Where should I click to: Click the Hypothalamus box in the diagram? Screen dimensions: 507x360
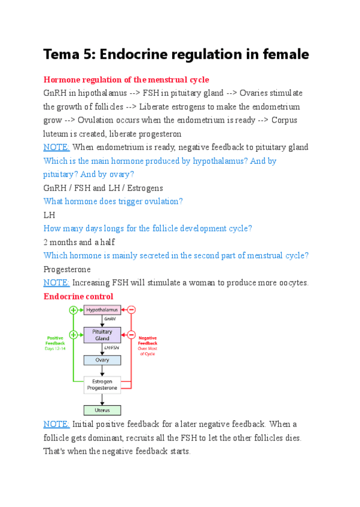pos(102,310)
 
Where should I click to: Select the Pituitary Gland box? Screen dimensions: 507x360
pos(102,335)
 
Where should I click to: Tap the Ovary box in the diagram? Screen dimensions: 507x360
pos(102,360)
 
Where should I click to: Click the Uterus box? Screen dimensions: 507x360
pos(102,410)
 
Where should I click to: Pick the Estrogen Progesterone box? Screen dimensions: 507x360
pos(102,384)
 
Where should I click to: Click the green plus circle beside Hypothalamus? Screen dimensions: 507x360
pos(74,310)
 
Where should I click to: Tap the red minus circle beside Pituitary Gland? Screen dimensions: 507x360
pos(131,335)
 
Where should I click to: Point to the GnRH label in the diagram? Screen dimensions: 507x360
pos(109,320)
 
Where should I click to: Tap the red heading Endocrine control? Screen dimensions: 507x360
pos(78,296)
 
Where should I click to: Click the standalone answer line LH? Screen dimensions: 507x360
pos(49,215)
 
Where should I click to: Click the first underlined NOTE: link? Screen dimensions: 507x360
pos(57,147)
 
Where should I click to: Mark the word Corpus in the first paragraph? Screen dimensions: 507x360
pos(285,120)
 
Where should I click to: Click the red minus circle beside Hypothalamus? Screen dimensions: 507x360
pos(131,310)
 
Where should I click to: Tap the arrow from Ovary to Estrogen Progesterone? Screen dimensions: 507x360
pos(102,371)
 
